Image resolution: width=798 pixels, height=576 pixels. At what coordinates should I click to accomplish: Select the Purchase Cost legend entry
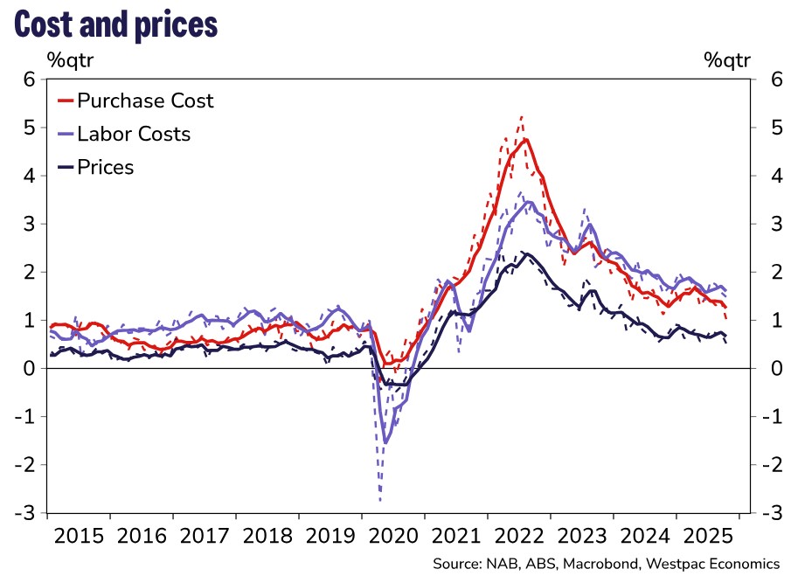(144, 101)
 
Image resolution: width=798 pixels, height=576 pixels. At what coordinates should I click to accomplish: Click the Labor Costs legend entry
(133, 134)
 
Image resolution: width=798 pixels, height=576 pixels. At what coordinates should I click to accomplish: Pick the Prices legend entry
(105, 167)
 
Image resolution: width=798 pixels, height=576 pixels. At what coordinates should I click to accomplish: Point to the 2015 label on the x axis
(78, 535)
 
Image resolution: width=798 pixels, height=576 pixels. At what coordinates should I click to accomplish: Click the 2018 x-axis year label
(267, 535)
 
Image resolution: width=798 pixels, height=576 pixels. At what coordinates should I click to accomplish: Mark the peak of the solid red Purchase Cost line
(526, 139)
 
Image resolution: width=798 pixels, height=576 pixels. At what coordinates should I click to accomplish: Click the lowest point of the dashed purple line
(380, 500)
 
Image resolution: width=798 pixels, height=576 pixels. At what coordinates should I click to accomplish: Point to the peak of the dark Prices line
(524, 253)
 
